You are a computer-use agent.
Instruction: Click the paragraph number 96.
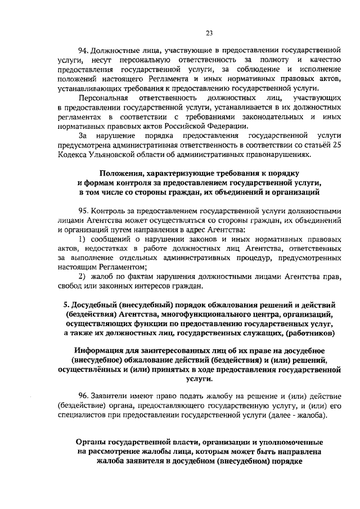coord(84,397)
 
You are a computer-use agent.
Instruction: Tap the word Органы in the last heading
coord(91,442)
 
